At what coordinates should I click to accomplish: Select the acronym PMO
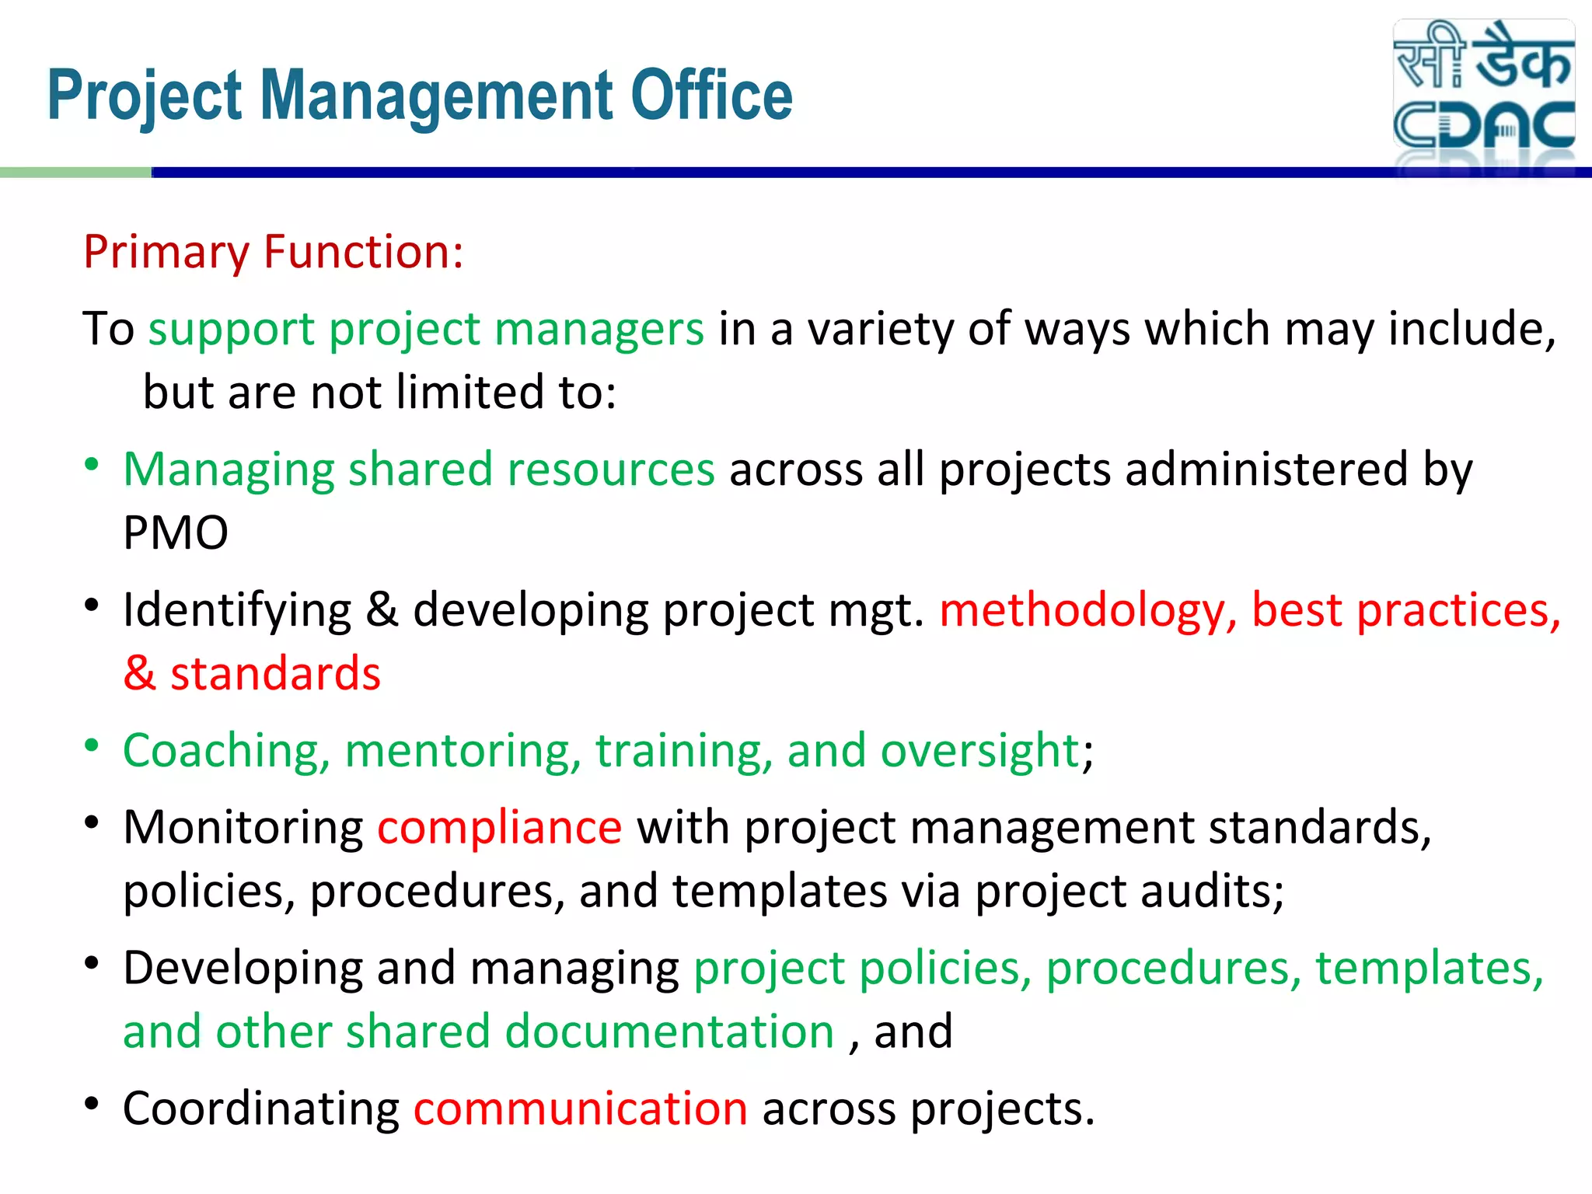pos(176,533)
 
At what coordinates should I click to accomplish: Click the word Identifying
pos(237,611)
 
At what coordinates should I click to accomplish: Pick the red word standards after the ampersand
pos(275,673)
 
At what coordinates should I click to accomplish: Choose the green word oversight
pos(979,751)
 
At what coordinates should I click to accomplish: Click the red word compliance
pos(499,827)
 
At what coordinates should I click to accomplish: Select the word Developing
pos(243,969)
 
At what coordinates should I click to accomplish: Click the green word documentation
pos(669,1032)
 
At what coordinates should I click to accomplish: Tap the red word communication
pos(580,1108)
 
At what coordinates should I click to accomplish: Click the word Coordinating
pos(261,1109)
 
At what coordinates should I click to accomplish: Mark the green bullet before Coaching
pos(92,745)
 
